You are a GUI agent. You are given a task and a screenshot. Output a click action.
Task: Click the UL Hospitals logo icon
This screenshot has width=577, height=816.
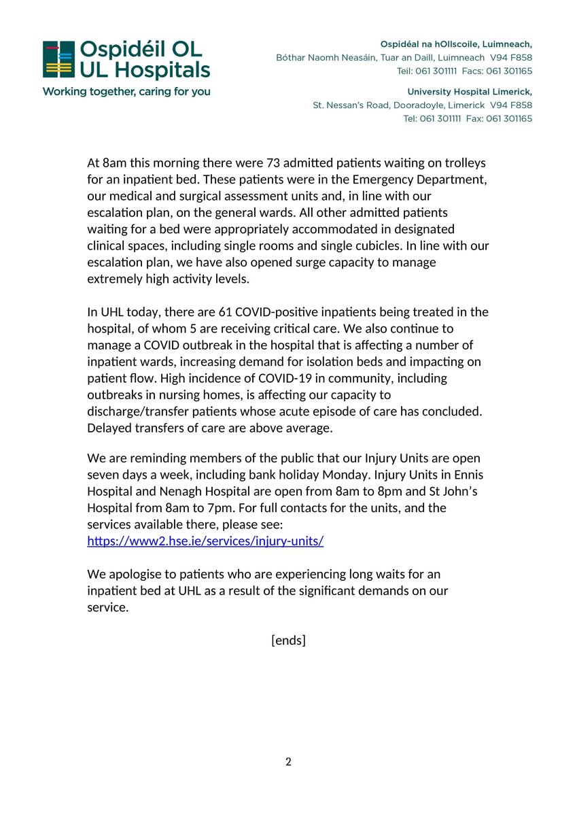click(58, 60)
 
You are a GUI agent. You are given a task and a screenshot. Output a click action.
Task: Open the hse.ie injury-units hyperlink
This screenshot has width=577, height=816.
click(205, 541)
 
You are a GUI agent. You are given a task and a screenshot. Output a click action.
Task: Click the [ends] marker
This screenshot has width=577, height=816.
click(288, 640)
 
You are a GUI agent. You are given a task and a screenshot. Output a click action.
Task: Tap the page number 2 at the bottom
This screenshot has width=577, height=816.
click(288, 762)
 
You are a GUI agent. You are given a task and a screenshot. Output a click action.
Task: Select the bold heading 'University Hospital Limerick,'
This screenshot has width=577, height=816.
click(469, 92)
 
